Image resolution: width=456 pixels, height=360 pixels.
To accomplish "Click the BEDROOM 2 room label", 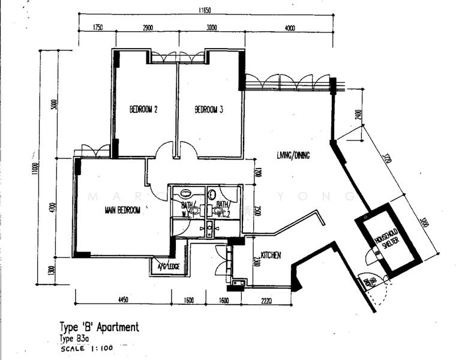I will coord(143,110).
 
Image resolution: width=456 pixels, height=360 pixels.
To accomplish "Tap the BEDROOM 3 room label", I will coord(209,110).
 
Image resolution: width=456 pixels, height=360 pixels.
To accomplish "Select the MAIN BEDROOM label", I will coord(122,210).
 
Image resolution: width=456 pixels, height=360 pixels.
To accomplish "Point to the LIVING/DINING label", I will coord(293,155).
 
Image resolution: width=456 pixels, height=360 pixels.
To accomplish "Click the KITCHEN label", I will coord(271,256).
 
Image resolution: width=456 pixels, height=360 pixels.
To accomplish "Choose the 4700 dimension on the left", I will coord(53,208).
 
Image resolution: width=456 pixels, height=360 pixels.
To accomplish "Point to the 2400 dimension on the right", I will coord(358,115).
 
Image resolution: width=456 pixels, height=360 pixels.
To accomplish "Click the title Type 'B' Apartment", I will coord(99,328).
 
